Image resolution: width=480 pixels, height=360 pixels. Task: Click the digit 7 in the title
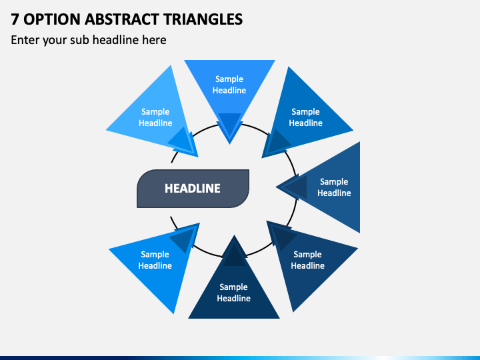15,19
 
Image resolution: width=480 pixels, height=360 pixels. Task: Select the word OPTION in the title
52,19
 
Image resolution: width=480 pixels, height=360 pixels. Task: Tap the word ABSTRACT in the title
121,19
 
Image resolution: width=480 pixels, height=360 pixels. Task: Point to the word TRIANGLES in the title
203,19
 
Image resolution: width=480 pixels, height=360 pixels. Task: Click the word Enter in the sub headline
25,40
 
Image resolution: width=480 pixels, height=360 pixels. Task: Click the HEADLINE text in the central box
193,188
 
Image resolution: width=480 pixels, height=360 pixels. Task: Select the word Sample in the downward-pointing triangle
229,79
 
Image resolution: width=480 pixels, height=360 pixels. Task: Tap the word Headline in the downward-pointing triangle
229,90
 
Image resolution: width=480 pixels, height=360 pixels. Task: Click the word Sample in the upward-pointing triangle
233,287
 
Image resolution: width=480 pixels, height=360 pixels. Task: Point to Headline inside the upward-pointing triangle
233,298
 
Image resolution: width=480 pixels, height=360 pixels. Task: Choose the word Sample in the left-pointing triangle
334,182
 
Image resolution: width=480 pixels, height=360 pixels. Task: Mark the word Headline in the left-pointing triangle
334,193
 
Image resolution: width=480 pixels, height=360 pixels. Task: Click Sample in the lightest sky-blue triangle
155,112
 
